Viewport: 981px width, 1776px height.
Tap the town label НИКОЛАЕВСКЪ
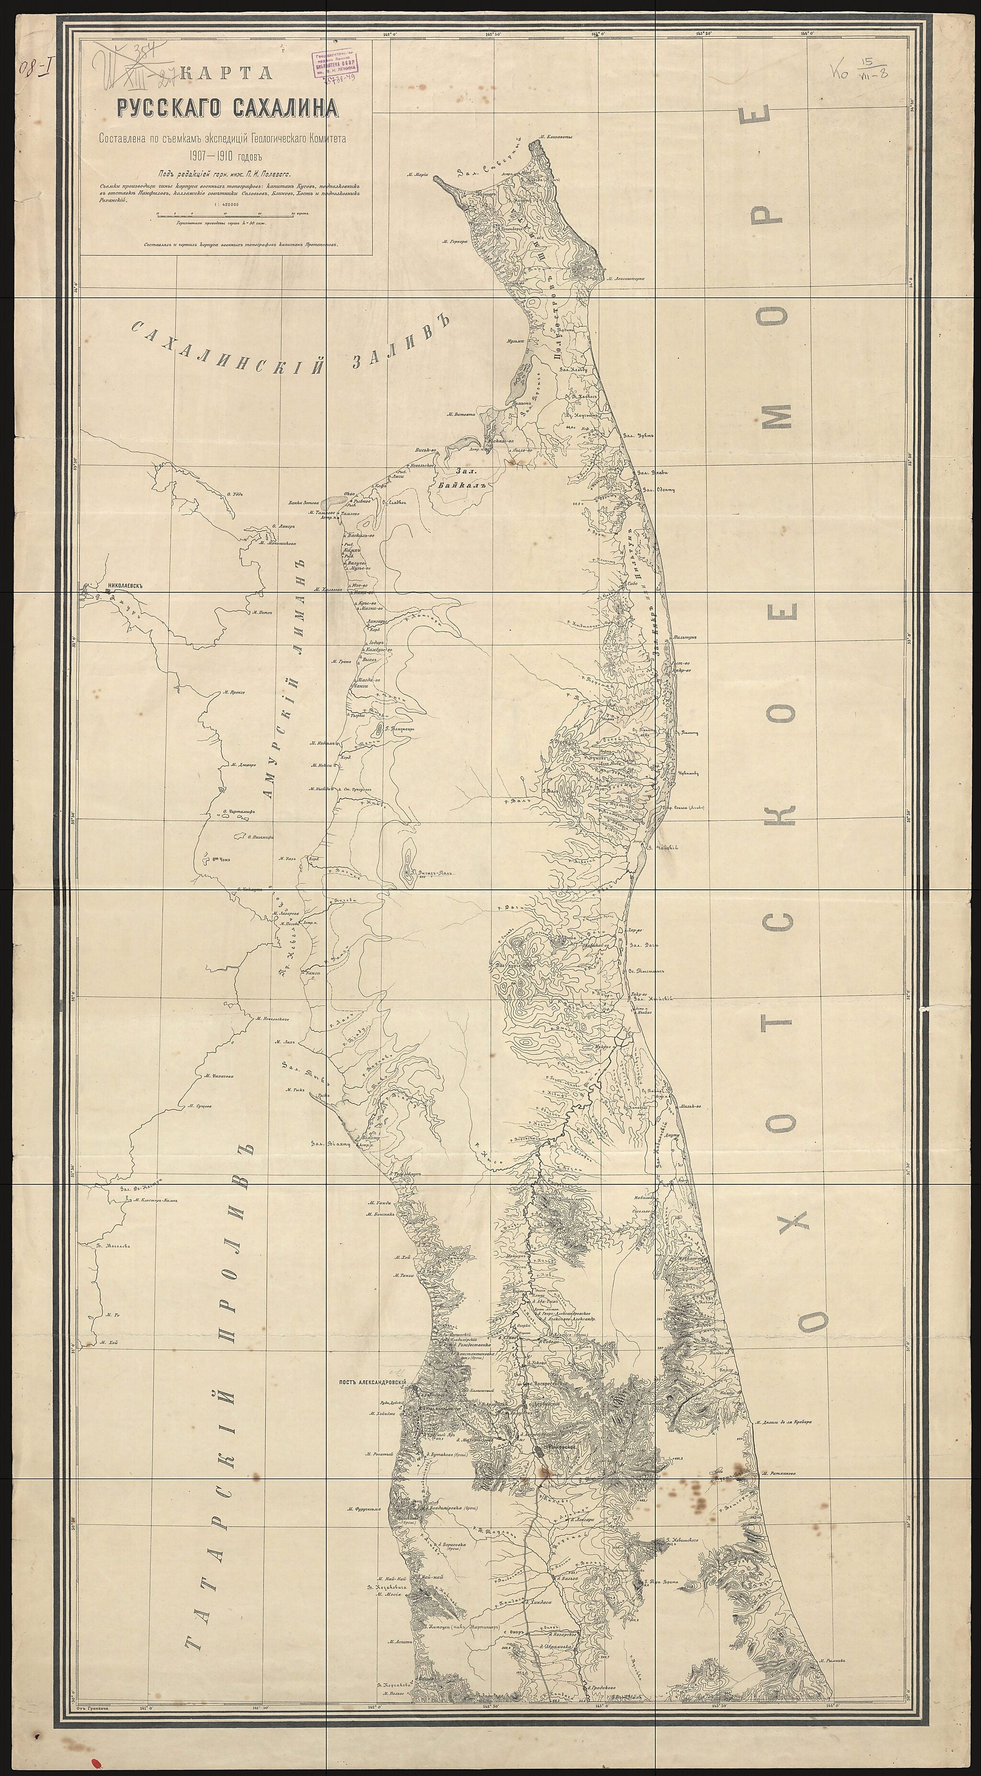pos(125,586)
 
